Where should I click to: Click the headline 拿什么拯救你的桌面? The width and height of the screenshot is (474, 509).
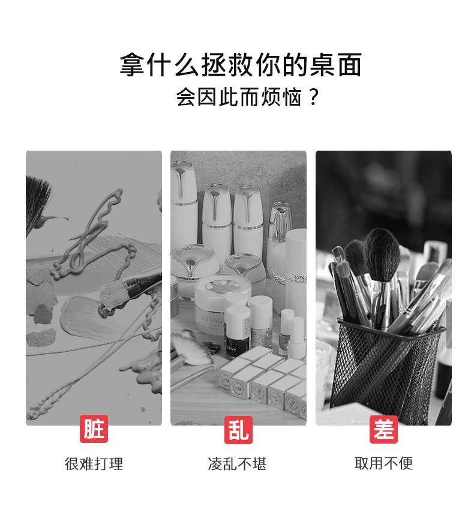[241, 65]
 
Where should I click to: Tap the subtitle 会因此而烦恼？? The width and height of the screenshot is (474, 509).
[248, 97]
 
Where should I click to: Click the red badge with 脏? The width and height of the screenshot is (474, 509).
[94, 429]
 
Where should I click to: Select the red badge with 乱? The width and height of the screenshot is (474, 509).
[238, 430]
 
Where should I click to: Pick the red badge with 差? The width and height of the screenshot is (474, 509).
[383, 429]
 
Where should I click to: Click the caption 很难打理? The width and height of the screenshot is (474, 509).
[94, 463]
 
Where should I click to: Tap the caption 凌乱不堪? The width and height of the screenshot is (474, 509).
[237, 463]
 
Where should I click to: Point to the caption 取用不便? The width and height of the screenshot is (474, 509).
[384, 463]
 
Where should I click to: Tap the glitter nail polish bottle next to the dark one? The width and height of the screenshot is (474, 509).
[262, 321]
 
